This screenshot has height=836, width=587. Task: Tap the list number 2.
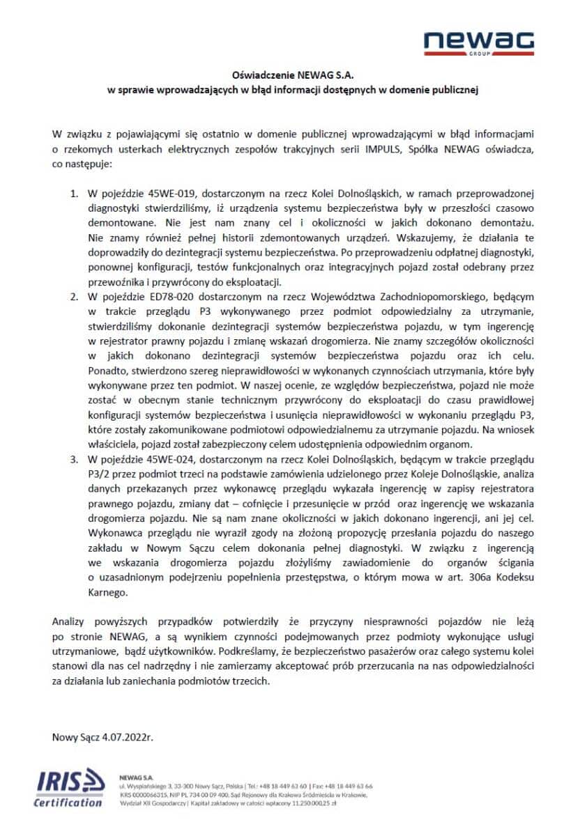pos(73,297)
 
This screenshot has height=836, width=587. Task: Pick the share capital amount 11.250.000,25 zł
pos(307,803)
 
